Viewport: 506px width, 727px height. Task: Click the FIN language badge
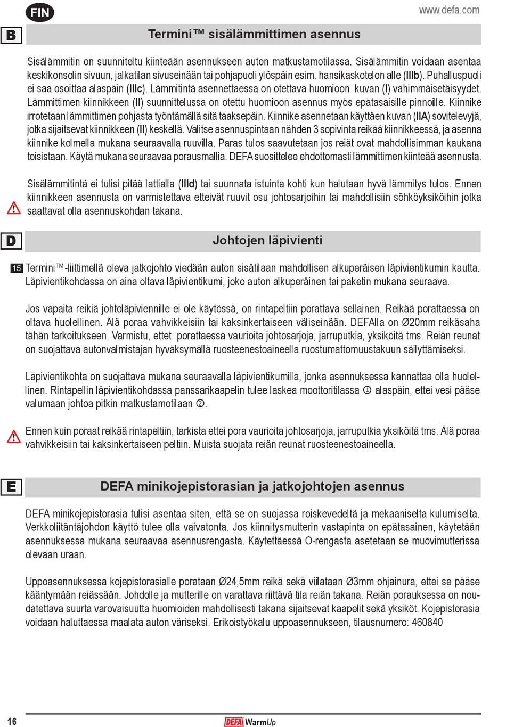point(40,12)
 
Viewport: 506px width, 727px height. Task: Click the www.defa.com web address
point(449,10)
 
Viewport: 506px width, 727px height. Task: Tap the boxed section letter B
point(11,35)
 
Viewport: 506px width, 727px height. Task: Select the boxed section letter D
point(11,241)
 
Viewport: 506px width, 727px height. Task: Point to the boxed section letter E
point(11,487)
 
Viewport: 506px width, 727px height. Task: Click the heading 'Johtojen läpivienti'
point(267,241)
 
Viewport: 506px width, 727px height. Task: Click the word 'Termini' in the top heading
point(169,35)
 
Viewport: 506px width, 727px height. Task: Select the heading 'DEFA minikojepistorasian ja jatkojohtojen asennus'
point(252,487)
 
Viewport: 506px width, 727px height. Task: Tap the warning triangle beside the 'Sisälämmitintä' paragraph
point(13,208)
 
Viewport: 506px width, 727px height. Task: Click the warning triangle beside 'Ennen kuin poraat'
point(13,437)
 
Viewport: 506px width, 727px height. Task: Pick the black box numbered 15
point(17,268)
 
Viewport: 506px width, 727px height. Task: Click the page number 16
point(12,721)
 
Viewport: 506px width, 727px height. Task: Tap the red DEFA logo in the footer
point(233,722)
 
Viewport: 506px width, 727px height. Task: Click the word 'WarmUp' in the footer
point(260,722)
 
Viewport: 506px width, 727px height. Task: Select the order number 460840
point(427,623)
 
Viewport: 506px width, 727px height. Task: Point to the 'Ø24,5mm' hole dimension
point(239,582)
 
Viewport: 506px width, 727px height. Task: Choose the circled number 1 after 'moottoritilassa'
point(367,390)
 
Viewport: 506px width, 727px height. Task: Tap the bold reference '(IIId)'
point(187,184)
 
